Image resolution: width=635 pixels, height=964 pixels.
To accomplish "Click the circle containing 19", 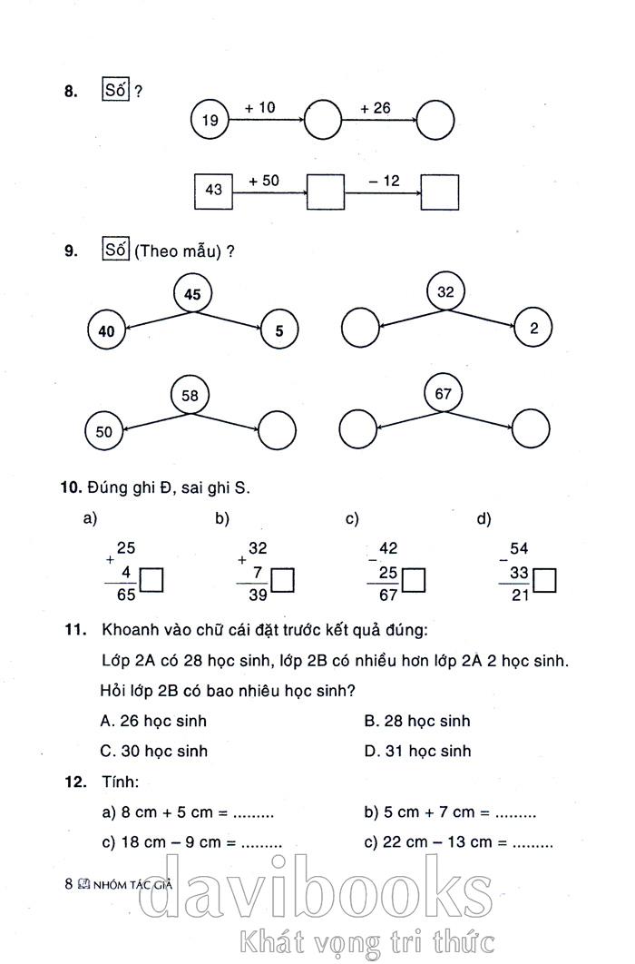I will (210, 120).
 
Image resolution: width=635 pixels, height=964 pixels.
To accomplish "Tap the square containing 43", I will (214, 190).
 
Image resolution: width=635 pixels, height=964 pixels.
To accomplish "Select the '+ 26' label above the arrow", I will (375, 108).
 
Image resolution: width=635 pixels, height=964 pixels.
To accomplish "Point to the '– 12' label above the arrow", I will (384, 181).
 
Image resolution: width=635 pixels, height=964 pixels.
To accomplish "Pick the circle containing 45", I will (192, 295).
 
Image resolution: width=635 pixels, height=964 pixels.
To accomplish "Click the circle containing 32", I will (444, 292).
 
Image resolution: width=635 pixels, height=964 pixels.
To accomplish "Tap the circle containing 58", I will (190, 396).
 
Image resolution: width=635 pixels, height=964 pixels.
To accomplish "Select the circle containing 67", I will (444, 394).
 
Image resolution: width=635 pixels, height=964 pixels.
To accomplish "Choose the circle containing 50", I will (104, 432).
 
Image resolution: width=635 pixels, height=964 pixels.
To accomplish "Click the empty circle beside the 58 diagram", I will (278, 429).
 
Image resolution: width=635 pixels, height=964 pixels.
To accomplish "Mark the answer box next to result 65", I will (151, 580).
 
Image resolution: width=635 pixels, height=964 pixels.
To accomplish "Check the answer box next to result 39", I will (283, 580).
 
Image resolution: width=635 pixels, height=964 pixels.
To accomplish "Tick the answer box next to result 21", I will (544, 580).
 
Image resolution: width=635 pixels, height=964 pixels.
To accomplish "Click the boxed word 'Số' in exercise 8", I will (116, 91).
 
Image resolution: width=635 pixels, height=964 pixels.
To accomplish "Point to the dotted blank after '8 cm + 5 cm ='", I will (253, 813).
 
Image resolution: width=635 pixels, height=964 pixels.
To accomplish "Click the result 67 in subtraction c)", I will (388, 595).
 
